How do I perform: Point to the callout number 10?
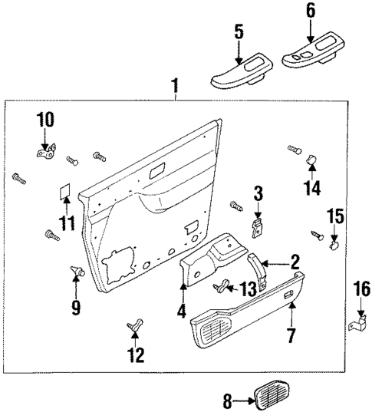45,119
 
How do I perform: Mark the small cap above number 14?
312,160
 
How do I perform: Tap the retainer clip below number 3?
258,223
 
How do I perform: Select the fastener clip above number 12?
135,326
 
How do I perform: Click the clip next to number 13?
222,287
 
